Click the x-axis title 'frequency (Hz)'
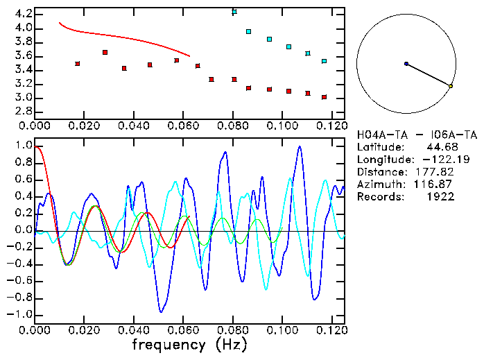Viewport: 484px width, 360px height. click(189, 344)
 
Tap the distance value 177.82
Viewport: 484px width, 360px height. click(439, 172)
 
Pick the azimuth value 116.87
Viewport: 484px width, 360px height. click(439, 185)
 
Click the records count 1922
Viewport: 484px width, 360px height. click(442, 197)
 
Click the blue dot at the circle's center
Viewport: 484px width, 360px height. click(406, 64)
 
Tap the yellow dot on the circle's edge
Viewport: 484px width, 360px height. click(451, 86)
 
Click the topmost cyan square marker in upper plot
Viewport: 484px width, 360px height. click(234, 12)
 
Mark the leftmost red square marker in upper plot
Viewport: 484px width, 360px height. click(77, 63)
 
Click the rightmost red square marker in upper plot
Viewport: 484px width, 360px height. click(324, 97)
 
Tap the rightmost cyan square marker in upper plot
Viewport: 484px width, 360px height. click(324, 61)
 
